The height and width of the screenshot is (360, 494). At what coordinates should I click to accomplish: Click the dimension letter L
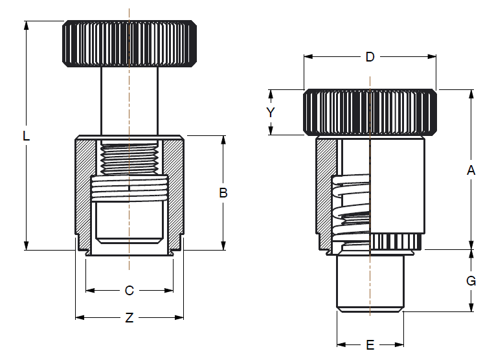[x=26, y=136]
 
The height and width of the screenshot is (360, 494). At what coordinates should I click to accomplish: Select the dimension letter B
[x=223, y=192]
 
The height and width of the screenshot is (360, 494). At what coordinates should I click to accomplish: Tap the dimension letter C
[x=129, y=291]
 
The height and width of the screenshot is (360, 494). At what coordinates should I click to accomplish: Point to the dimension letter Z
[x=129, y=318]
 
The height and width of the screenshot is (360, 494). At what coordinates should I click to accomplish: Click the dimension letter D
[x=370, y=57]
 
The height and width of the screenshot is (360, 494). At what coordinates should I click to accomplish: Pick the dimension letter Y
[x=271, y=112]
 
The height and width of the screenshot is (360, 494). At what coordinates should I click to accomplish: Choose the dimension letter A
[x=471, y=170]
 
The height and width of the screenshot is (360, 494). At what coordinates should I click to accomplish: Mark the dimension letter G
[x=471, y=280]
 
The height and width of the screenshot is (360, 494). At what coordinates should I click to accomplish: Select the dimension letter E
[x=370, y=344]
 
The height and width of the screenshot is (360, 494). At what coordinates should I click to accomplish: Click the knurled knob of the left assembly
[x=129, y=43]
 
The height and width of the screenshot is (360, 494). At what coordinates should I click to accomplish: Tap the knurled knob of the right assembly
[x=370, y=112]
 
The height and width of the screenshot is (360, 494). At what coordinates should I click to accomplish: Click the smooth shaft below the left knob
[x=129, y=100]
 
